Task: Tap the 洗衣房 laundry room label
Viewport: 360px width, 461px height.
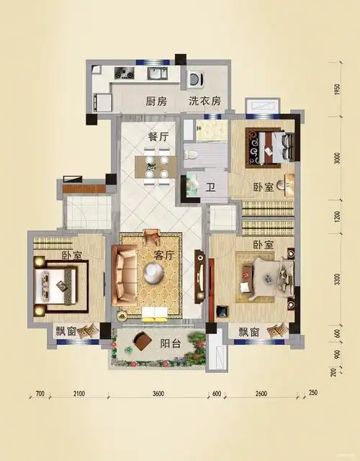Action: tap(204, 102)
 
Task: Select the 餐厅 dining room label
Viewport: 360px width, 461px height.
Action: tap(158, 136)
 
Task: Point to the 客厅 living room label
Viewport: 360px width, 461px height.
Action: tap(166, 255)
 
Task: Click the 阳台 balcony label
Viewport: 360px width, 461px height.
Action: tap(170, 344)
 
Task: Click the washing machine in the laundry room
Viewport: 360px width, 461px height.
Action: tap(195, 77)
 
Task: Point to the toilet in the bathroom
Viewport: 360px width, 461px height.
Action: tap(191, 153)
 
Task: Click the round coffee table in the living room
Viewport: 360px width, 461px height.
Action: tap(154, 272)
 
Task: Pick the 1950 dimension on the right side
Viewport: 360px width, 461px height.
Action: tap(337, 91)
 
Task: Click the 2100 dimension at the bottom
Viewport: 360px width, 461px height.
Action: tap(78, 393)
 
